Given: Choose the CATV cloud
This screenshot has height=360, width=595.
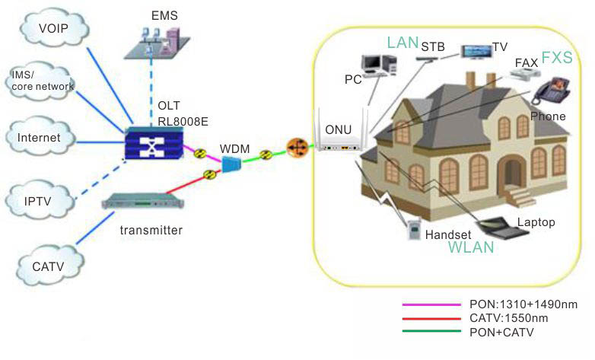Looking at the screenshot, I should pyautogui.click(x=48, y=266).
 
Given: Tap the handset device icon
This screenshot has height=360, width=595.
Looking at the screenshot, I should pyautogui.click(x=414, y=229).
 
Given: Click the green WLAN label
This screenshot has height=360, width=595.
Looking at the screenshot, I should pyautogui.click(x=470, y=247).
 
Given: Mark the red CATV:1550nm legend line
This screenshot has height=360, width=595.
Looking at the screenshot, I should pyautogui.click(x=430, y=317).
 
